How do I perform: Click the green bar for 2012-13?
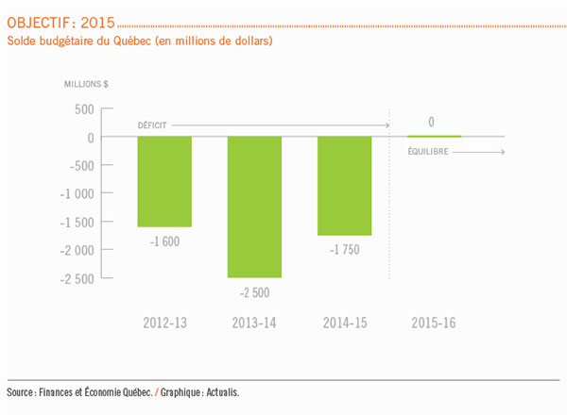coord(164,181)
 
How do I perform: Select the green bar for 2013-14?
coord(254,207)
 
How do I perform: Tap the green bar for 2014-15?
coord(345,186)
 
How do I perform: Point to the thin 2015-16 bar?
coord(435,137)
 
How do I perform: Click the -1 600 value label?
coord(164,241)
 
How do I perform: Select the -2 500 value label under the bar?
coord(254,292)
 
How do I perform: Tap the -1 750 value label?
coord(344,249)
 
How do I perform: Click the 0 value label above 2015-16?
coord(431,123)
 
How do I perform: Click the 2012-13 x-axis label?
coord(164,323)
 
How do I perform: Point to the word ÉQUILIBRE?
coord(430,151)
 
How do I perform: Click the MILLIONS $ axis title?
coord(86,84)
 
